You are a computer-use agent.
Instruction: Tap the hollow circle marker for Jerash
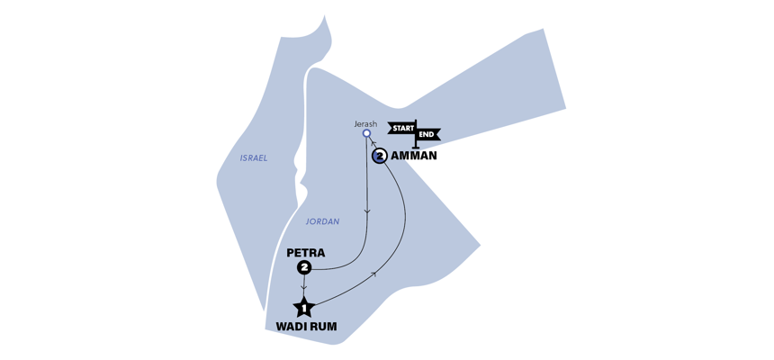coord(366,134)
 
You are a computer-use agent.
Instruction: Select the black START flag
coord(401,127)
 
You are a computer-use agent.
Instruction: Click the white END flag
coord(427,134)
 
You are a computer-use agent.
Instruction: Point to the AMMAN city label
coord(414,156)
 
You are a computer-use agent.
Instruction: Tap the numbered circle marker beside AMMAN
coord(380,156)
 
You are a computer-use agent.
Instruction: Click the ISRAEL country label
coord(254,157)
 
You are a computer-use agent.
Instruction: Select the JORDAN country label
coord(322,221)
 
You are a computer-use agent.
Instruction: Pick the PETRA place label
coord(305,253)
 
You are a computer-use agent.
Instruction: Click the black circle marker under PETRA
coord(304,268)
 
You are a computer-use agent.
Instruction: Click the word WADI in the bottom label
coord(286,327)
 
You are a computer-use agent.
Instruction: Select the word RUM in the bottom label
coord(323,327)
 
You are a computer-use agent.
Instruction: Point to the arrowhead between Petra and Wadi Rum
coord(304,286)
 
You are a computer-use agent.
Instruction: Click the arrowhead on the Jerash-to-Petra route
coord(366,212)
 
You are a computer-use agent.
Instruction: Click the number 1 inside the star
coord(304,309)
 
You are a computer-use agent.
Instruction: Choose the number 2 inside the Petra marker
coord(304,268)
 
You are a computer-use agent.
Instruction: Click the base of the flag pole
coord(416,147)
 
